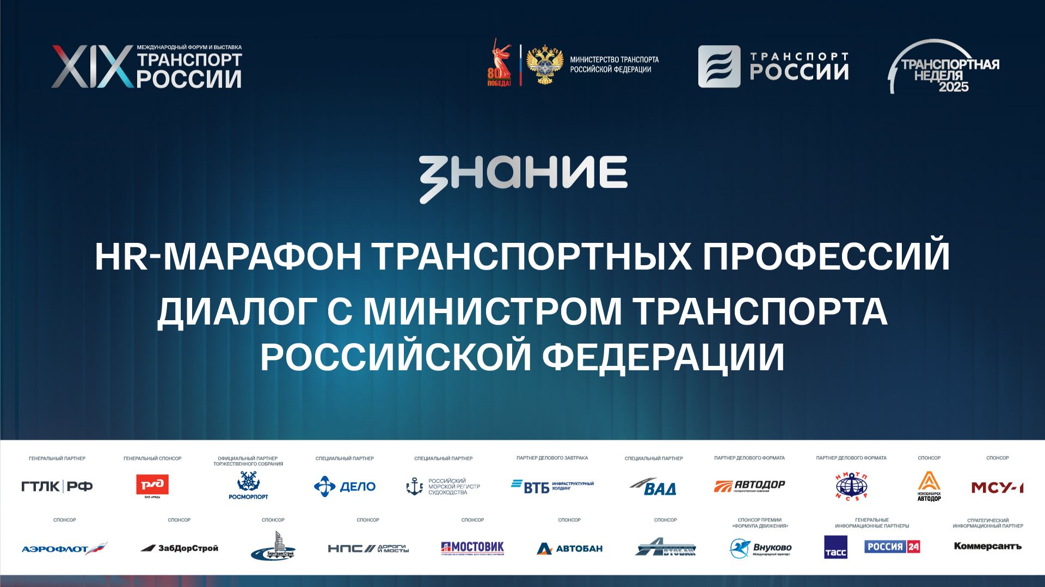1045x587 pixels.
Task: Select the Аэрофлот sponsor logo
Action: click(x=64, y=548)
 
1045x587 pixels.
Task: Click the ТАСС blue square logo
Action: click(x=835, y=547)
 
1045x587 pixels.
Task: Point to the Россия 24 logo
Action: click(x=892, y=546)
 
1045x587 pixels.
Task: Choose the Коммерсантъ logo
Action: click(x=987, y=546)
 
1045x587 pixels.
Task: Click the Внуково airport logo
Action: click(x=760, y=548)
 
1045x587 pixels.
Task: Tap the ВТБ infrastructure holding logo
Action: click(x=552, y=486)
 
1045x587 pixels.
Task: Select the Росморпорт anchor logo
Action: click(x=248, y=485)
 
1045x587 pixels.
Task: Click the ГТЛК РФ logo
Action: click(x=57, y=486)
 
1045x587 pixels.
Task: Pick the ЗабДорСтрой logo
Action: click(x=179, y=548)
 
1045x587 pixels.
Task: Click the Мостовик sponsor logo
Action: click(x=472, y=548)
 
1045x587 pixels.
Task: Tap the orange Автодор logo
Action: click(x=749, y=486)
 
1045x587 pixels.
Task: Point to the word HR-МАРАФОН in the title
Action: click(x=228, y=256)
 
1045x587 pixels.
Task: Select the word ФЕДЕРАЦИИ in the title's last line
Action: click(x=663, y=357)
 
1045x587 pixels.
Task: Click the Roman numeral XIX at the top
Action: click(x=91, y=67)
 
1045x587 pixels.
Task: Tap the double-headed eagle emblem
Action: click(x=544, y=65)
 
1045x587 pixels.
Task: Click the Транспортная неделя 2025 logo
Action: click(x=945, y=67)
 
